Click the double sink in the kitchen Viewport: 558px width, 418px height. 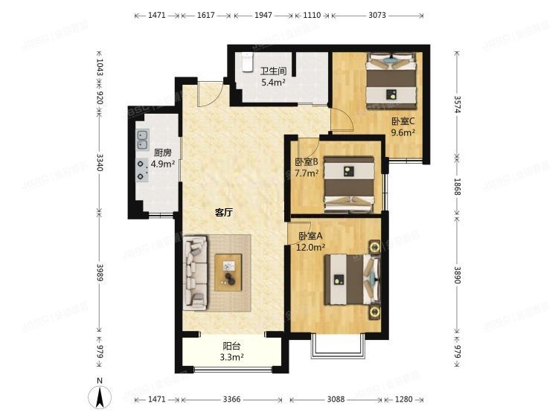coord(142,139)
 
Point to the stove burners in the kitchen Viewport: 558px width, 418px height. coord(141,170)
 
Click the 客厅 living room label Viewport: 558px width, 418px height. coord(224,213)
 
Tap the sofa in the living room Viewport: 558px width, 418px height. coord(196,271)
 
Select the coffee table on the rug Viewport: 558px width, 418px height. coord(229,271)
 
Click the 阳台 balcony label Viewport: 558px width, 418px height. coord(231,346)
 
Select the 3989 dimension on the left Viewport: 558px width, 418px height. coord(99,274)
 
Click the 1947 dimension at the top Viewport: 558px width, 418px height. coord(263,15)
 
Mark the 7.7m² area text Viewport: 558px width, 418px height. coord(307,173)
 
